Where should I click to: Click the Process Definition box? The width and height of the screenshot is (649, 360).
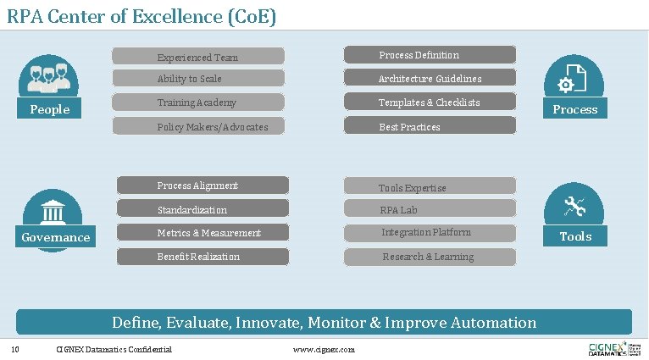[430, 55]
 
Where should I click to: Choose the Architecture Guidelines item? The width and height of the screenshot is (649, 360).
[430, 79]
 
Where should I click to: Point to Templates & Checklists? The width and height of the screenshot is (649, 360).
[430, 102]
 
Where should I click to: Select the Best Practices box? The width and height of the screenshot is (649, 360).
[430, 127]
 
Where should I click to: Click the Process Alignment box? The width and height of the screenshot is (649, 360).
[202, 186]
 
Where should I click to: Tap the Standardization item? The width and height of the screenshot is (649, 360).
[202, 209]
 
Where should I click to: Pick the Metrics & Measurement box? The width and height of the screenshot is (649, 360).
[202, 233]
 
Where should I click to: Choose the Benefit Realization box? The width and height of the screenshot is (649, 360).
[202, 257]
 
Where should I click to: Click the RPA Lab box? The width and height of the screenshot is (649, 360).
[430, 209]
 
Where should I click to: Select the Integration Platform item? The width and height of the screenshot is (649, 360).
[430, 233]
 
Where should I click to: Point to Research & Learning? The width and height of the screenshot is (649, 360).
[430, 257]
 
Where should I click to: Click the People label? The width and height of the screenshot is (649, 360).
[49, 109]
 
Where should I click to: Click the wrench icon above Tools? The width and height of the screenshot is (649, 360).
[574, 205]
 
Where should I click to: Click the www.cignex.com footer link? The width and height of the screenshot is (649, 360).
[323, 350]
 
